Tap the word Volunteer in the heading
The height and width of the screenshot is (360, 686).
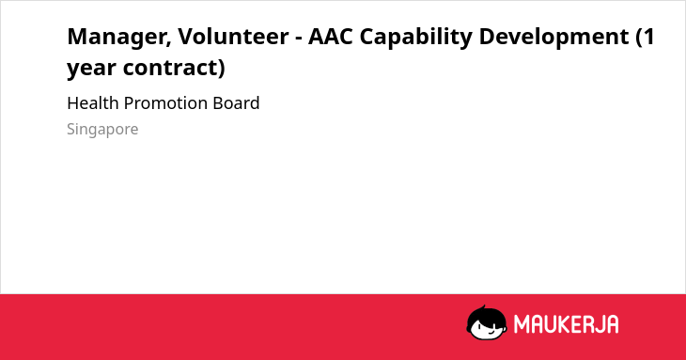click(233, 36)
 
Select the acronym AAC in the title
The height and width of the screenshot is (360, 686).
click(330, 36)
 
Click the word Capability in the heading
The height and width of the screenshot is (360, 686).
click(416, 38)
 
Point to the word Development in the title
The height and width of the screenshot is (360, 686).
click(553, 38)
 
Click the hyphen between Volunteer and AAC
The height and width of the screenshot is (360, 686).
click(299, 39)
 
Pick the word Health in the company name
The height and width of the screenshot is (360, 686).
click(93, 103)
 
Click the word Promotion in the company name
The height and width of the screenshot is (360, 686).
click(165, 103)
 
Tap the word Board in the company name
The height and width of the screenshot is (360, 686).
click(236, 103)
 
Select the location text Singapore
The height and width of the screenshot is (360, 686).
click(102, 130)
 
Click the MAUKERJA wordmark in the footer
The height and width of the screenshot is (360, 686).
click(566, 324)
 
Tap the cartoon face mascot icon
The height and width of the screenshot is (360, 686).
click(487, 322)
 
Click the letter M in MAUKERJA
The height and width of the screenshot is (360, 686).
click(522, 324)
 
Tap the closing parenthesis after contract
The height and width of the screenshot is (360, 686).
click(222, 69)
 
